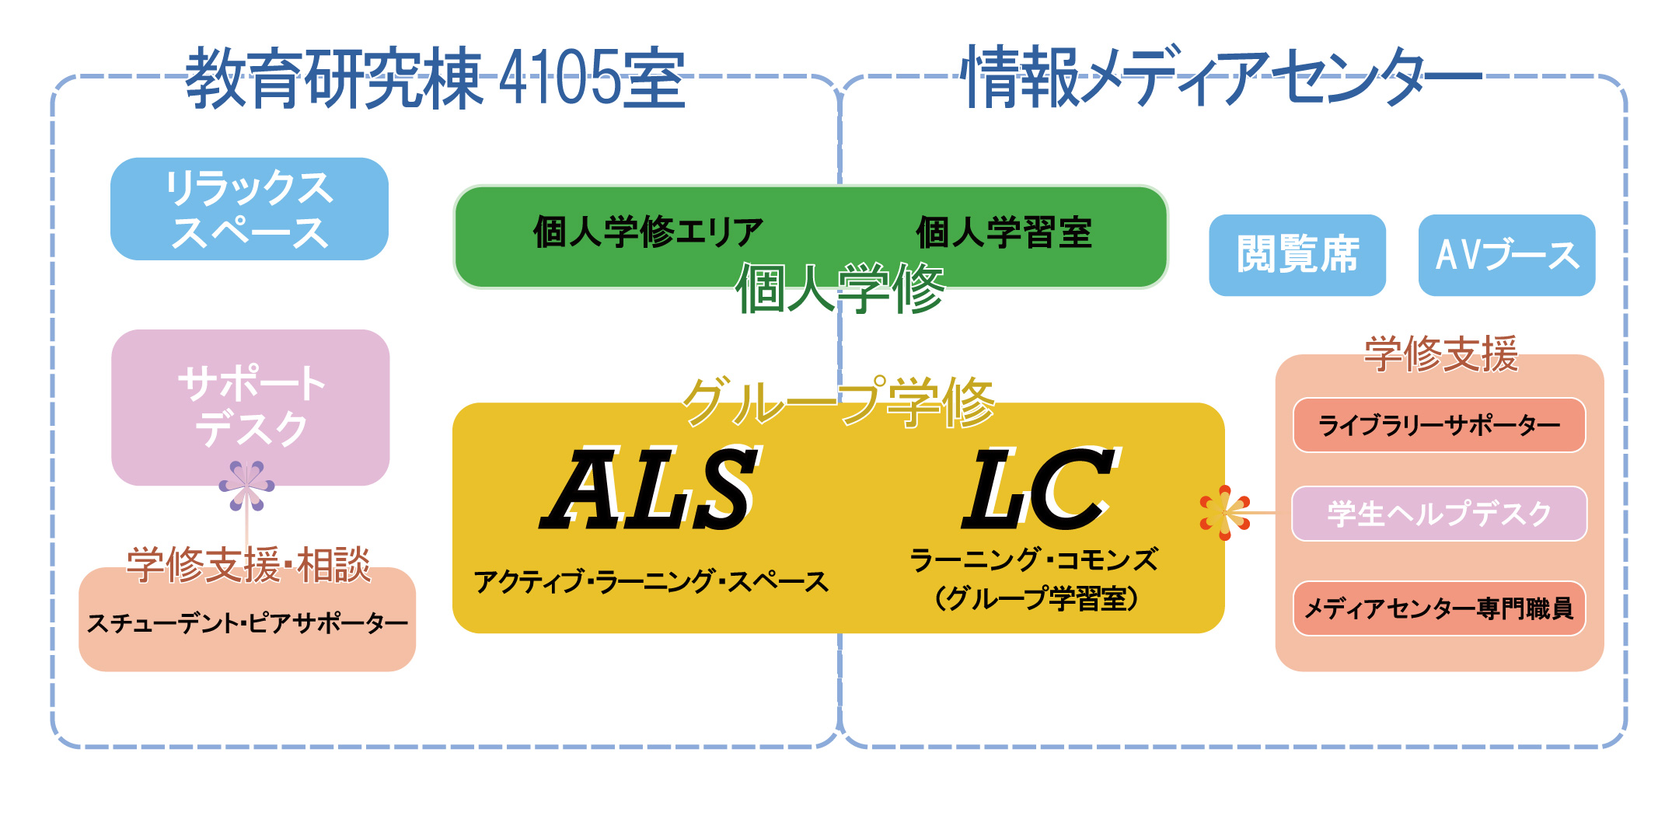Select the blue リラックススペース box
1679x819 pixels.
[x=249, y=209]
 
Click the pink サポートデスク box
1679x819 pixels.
[x=250, y=407]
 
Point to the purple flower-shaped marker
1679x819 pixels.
[x=246, y=486]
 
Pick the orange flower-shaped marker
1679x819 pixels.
[x=1224, y=513]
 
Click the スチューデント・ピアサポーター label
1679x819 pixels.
[x=247, y=623]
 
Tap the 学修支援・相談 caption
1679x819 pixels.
[x=249, y=564]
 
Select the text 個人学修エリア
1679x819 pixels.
[x=648, y=232]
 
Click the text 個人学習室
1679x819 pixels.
[x=1004, y=232]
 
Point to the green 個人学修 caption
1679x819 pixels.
[x=839, y=288]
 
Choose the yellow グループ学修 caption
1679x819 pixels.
[x=839, y=402]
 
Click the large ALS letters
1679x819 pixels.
[x=651, y=490]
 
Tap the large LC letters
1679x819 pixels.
[x=1040, y=490]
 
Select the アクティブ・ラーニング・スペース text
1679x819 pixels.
[x=651, y=581]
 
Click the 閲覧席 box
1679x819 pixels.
[x=1297, y=255]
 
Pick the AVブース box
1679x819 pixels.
[x=1506, y=255]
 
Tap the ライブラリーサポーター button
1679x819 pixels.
[x=1439, y=425]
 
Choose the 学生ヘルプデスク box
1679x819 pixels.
[x=1439, y=514]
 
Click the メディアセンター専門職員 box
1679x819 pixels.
[x=1439, y=608]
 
